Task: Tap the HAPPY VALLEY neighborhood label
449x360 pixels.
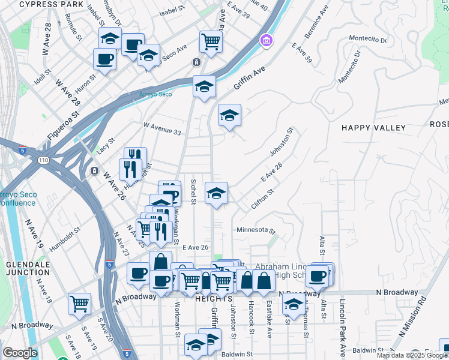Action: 373,128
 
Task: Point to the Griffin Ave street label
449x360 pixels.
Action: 249,79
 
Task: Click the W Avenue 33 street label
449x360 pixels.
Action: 162,128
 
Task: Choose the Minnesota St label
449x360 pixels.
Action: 256,230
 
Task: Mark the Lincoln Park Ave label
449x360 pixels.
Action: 342,328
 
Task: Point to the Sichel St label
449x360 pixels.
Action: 193,190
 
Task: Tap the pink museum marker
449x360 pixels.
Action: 265,41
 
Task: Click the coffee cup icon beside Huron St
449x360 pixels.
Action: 104,59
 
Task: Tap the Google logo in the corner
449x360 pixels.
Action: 20,353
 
